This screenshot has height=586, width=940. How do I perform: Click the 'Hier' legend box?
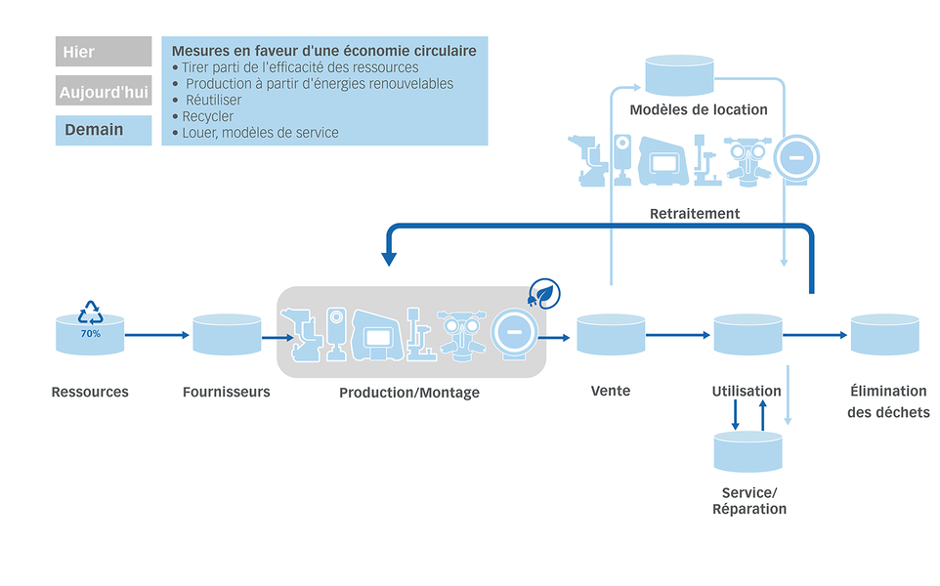coord(104,52)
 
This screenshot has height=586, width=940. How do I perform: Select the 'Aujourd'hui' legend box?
coord(104,92)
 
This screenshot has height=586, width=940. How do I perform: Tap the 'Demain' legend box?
coord(104,130)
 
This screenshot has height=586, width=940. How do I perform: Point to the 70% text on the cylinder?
coord(90,334)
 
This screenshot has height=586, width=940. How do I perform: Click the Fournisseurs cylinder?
coord(227,335)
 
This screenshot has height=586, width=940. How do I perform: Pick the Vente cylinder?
coord(611,335)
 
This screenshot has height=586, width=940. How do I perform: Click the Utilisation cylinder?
coord(747,335)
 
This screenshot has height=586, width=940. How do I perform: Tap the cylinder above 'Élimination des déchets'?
coord(884,335)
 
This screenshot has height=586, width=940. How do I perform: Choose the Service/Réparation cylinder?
coord(748,450)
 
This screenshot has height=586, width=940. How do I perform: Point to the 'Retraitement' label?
coord(695,213)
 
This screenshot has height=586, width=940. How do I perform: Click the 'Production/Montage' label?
coord(409,393)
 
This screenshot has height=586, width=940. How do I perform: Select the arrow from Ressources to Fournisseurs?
coord(155,336)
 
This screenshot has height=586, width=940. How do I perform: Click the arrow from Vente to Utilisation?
coord(677,336)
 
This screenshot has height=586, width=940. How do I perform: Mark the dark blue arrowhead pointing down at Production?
coord(390,259)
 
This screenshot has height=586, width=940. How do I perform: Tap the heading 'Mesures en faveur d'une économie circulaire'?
coord(323,50)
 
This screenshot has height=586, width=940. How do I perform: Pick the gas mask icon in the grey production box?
coord(460,335)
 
